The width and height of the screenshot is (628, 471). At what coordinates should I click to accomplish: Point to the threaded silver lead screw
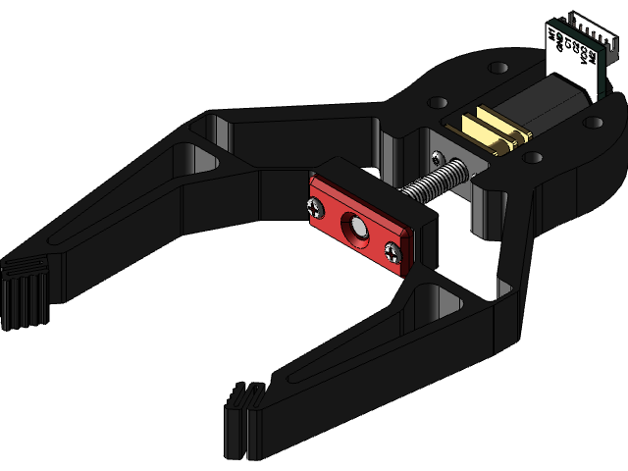[x=432, y=183]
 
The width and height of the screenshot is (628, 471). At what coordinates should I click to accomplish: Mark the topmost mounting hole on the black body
[x=498, y=68]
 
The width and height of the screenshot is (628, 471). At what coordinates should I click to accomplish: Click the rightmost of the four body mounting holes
[x=595, y=122]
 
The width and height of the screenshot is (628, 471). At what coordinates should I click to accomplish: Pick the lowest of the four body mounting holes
[x=533, y=157]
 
